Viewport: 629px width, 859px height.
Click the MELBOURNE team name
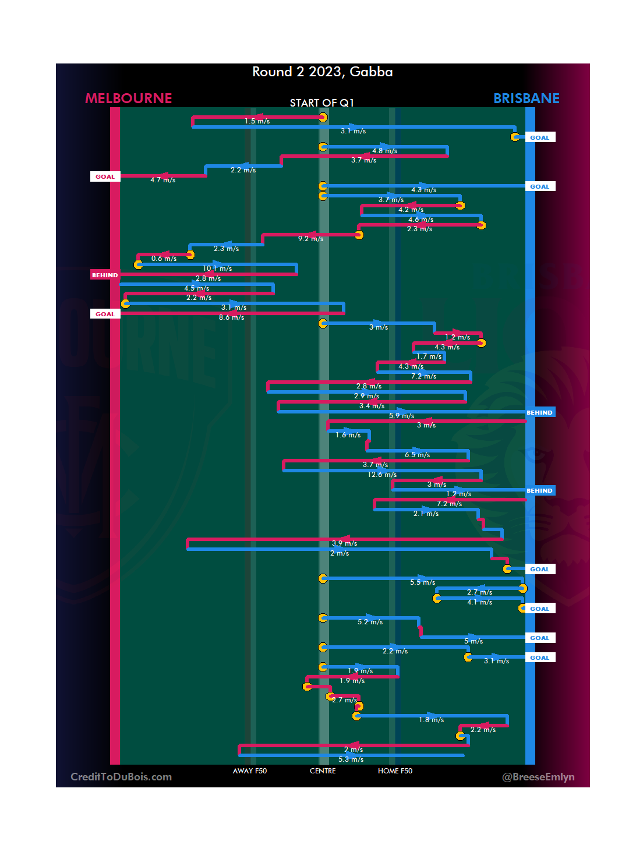click(129, 98)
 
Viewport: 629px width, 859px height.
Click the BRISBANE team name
click(526, 98)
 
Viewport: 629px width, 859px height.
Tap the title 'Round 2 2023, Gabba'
click(322, 72)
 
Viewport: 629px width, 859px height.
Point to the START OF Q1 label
click(321, 103)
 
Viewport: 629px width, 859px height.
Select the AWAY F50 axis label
click(249, 771)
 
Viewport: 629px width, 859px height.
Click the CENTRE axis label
click(323, 771)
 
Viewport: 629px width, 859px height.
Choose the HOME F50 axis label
click(395, 771)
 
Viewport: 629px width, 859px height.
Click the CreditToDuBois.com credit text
click(121, 777)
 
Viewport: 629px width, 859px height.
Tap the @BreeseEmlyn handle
click(538, 777)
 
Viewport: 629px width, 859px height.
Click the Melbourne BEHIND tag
click(105, 275)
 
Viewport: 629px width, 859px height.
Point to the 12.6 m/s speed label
click(382, 475)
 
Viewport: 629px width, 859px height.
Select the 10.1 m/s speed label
click(217, 268)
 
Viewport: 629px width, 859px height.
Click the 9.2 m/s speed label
click(310, 239)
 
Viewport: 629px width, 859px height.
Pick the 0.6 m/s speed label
click(164, 259)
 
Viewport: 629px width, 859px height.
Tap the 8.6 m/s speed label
click(231, 317)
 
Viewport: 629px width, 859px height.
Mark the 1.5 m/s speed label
click(257, 121)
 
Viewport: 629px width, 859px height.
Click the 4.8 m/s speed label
click(384, 151)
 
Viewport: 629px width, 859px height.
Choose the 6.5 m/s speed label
click(417, 455)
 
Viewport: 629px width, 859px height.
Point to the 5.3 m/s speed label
click(351, 759)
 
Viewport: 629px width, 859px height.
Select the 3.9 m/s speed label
click(344, 543)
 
